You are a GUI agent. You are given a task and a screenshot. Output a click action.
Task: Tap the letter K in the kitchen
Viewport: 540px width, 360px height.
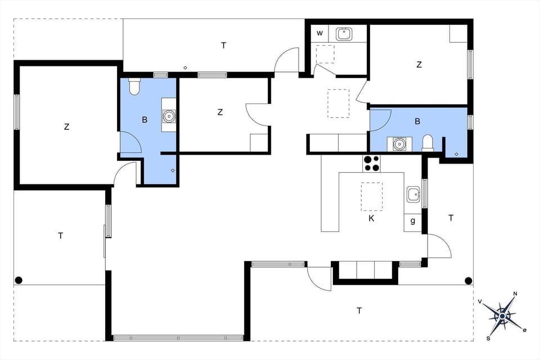371,218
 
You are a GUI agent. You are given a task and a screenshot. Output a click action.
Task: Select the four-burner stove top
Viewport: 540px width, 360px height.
371,163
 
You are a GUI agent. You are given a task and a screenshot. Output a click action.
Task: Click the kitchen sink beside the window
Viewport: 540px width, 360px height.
413,194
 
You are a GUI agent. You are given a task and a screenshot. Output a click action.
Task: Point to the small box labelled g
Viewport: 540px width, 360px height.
413,220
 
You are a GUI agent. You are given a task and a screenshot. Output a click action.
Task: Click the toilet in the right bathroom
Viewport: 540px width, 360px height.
427,142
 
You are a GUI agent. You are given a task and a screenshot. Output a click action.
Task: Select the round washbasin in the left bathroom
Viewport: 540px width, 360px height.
169,116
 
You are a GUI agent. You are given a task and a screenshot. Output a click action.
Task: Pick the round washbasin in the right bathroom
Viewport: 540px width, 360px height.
399,143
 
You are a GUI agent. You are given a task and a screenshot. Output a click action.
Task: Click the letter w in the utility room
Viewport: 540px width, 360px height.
319,33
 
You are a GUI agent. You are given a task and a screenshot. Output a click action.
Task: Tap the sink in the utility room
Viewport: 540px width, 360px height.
344,34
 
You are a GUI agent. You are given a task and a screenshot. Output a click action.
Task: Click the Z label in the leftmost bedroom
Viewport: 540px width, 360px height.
66,127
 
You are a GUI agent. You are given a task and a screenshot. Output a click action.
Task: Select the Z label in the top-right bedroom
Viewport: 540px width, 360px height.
418,65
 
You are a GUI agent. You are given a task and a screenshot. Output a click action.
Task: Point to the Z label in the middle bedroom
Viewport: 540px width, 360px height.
220,112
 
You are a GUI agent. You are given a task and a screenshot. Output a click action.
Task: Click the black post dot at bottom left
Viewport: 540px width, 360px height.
19,280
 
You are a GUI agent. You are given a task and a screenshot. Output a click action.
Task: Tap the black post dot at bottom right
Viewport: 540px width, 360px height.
468,280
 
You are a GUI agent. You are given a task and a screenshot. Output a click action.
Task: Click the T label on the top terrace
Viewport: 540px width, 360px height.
223,45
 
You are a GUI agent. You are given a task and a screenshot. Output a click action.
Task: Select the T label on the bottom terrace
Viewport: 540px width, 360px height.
359,310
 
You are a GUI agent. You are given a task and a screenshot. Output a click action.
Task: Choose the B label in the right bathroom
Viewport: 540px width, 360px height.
418,120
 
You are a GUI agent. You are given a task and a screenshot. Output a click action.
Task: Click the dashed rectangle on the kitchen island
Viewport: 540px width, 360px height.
371,196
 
